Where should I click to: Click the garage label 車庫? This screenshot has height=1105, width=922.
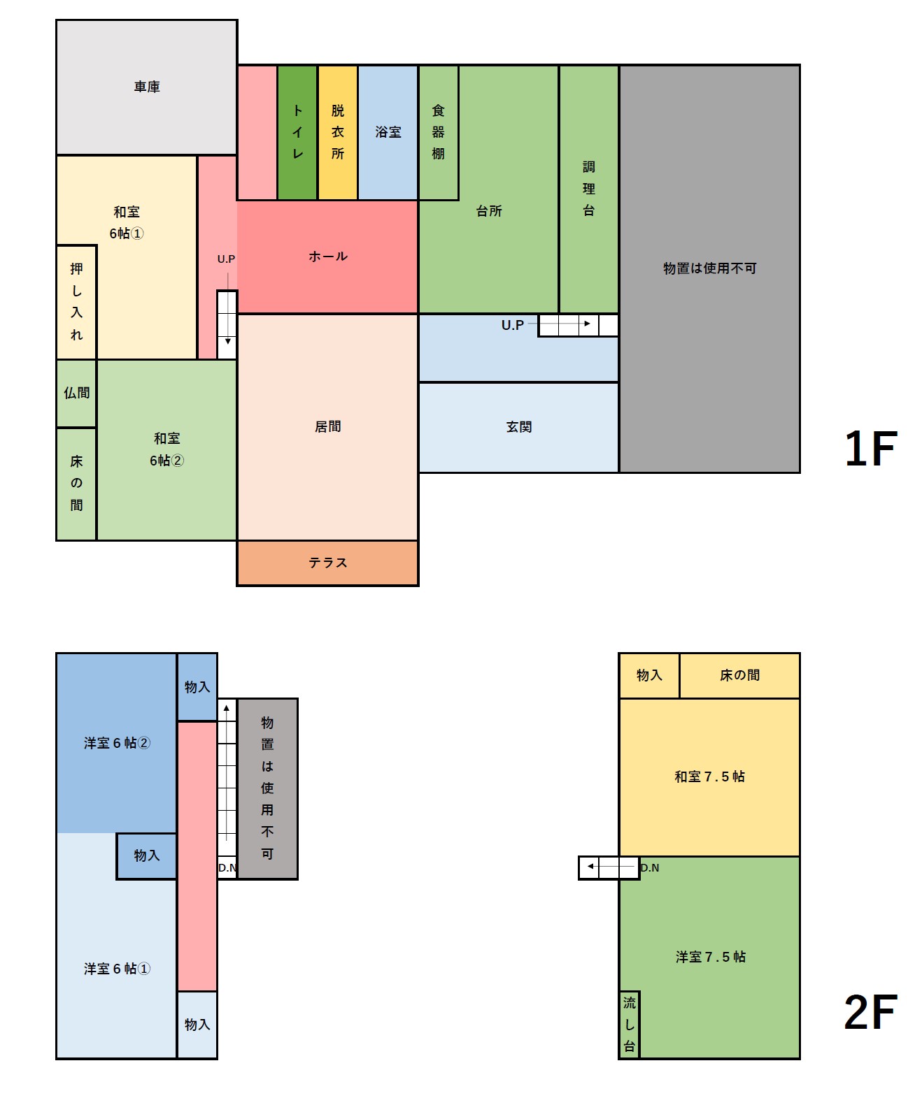point(147,86)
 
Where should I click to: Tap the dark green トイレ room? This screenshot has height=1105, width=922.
point(297,132)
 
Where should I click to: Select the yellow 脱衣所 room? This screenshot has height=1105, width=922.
point(337,132)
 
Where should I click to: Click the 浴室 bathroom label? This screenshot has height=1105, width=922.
point(388,132)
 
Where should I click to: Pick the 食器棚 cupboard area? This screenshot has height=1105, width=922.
point(439,132)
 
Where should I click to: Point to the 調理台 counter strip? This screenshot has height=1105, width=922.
point(589,189)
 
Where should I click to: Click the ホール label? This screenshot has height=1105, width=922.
point(328,257)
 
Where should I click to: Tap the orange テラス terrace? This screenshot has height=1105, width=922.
point(328,563)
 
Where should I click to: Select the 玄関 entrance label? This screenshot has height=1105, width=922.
point(519,426)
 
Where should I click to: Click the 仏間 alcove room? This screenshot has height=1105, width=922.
point(76,393)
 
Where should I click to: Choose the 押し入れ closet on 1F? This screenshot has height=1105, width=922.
point(76,302)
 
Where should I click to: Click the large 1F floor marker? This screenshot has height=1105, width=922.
point(871,449)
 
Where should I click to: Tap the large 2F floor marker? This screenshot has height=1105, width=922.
point(871,1012)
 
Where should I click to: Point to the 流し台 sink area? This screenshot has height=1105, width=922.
point(629,1024)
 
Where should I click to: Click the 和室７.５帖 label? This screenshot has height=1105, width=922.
point(709,777)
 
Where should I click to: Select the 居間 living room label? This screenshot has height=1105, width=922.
point(328,426)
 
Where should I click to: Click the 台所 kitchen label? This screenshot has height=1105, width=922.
point(489,211)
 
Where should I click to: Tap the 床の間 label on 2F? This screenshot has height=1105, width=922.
point(740,674)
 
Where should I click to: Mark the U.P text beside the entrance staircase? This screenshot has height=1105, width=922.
point(513,325)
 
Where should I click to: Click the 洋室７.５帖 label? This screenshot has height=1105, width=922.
point(711,956)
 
